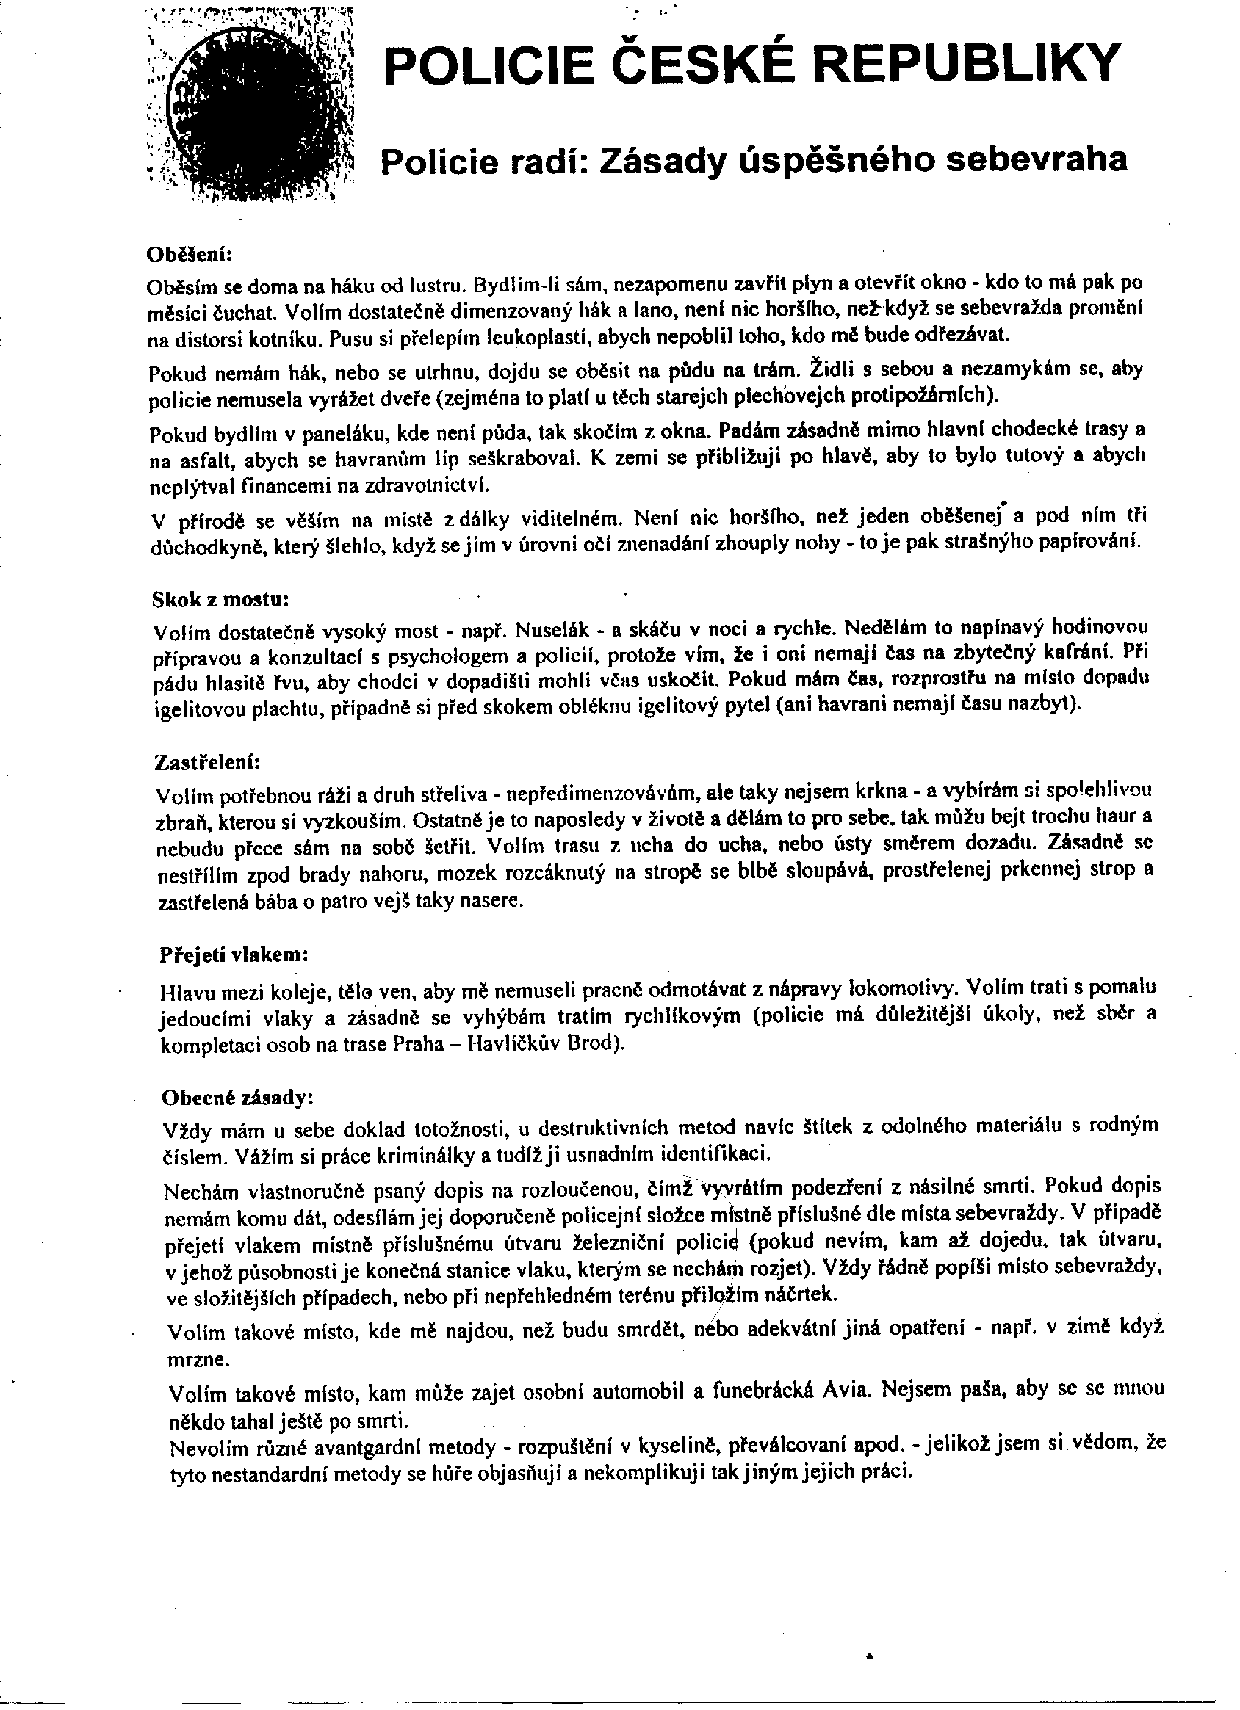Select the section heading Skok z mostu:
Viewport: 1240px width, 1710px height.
(220, 598)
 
